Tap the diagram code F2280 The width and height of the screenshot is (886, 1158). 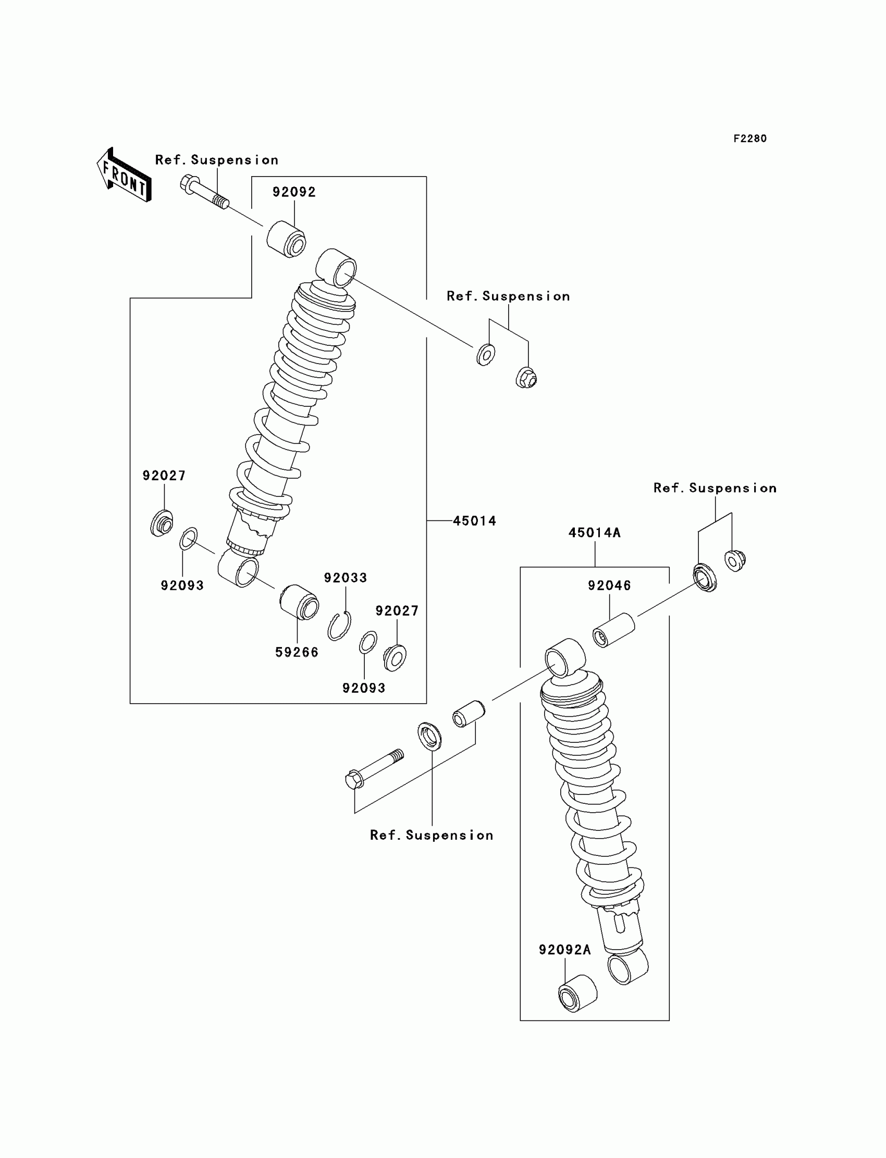pos(749,139)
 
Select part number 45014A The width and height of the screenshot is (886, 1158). pos(594,533)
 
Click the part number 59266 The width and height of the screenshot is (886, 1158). pos(297,653)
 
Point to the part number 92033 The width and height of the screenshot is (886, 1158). pos(346,578)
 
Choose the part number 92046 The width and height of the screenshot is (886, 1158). pos(609,586)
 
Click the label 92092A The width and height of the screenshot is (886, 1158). pos(565,950)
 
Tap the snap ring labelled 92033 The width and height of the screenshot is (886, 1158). pos(339,626)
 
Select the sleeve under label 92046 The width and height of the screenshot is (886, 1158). pos(613,629)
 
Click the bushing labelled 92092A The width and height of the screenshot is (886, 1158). pos(577,993)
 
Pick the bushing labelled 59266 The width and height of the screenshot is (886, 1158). pos(299,603)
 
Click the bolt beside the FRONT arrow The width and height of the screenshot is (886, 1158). pos(204,192)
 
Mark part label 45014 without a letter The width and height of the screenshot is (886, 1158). pos(475,521)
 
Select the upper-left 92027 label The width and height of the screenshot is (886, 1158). pos(164,476)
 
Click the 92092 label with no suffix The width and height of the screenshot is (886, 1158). pos(294,192)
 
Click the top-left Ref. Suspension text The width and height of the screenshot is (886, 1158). pos(217,160)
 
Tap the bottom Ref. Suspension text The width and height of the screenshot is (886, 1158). pos(432,836)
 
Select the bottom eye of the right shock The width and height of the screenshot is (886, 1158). pos(627,967)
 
